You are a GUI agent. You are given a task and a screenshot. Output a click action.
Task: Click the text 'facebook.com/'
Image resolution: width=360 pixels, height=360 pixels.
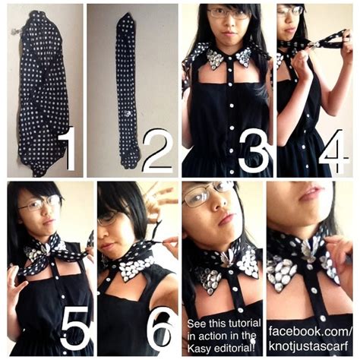click(310, 332)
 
